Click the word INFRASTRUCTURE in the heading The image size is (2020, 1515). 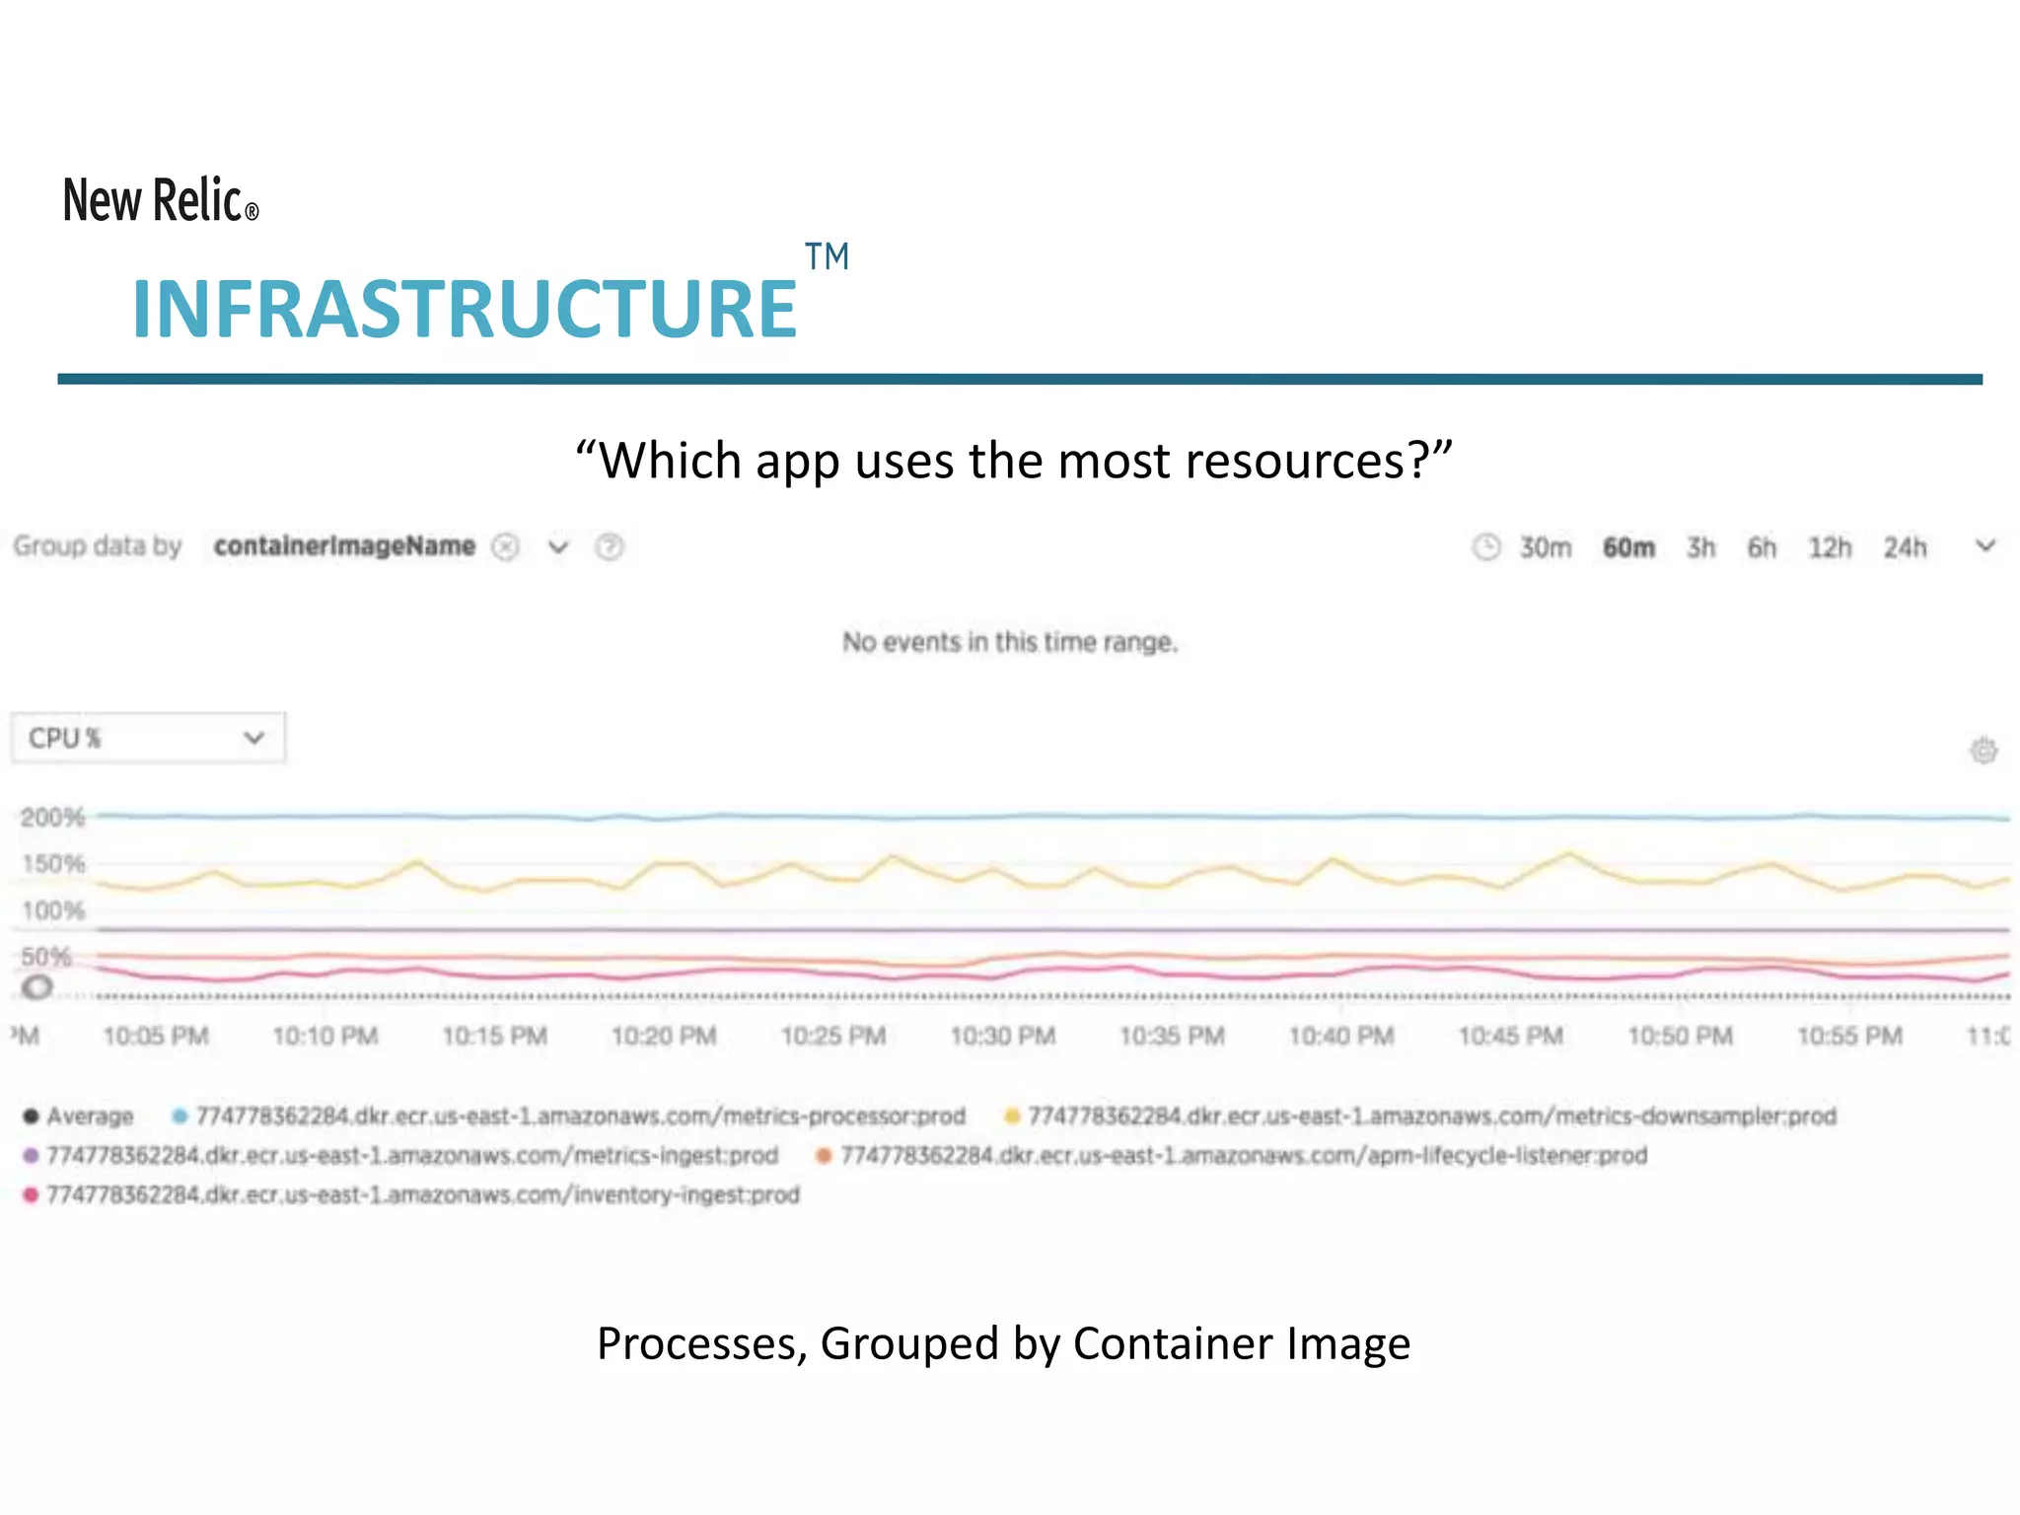tap(465, 310)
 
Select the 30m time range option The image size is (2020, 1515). tap(1545, 547)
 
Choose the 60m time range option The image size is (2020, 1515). tap(1628, 547)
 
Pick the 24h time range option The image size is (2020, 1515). tap(1905, 547)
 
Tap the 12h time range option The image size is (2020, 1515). tap(1829, 547)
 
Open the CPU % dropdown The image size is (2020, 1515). tap(148, 738)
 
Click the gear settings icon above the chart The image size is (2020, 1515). tap(1984, 751)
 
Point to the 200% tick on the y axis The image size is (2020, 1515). tap(52, 818)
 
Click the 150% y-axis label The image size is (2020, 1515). tap(53, 864)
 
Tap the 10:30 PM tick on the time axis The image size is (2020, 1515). tap(1002, 1036)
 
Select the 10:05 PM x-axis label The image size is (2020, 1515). tap(156, 1036)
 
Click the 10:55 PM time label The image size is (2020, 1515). tap(1849, 1036)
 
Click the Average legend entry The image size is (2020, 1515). tap(79, 1117)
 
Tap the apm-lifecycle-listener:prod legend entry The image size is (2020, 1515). tap(1232, 1155)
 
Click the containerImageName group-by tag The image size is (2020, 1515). tap(344, 546)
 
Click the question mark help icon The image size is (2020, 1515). tap(610, 546)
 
